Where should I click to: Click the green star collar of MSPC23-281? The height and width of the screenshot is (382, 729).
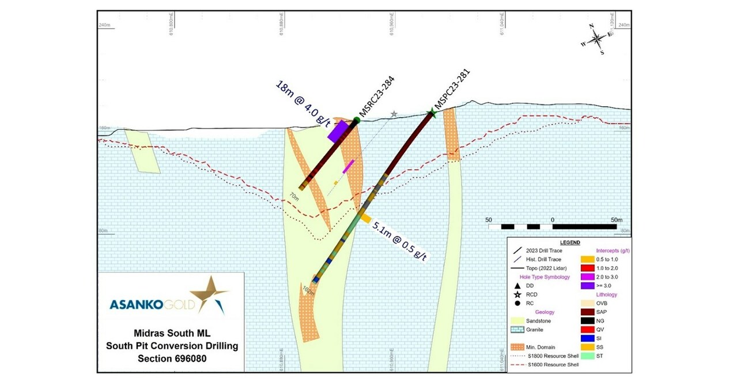click(431, 114)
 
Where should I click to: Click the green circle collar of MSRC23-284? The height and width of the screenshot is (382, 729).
click(357, 120)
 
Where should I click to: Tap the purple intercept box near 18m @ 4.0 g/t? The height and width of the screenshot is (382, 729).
click(338, 131)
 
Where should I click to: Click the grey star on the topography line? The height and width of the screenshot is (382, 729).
click(394, 114)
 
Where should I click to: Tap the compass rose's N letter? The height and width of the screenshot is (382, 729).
click(591, 27)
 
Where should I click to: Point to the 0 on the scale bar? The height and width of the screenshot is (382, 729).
click(553, 220)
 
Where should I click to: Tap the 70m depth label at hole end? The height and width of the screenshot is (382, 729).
click(294, 197)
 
